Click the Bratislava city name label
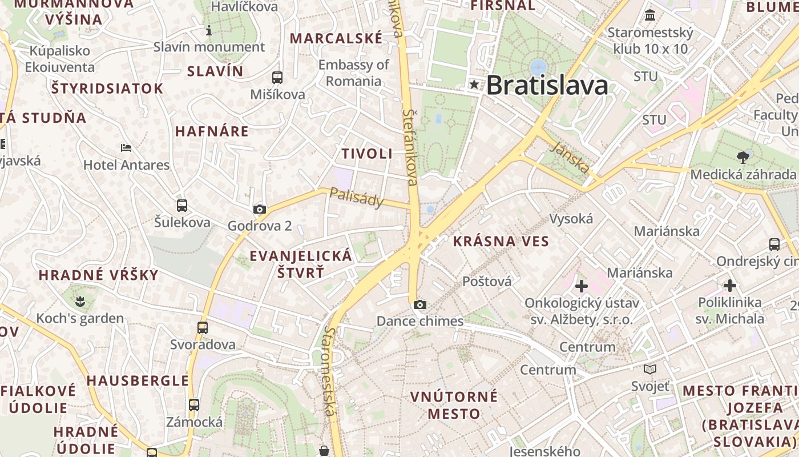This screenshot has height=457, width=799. click(x=547, y=86)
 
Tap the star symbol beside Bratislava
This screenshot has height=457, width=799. click(x=474, y=85)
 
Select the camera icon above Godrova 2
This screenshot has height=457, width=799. click(x=260, y=210)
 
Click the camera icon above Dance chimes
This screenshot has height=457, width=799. click(x=419, y=304)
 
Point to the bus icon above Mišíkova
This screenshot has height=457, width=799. click(x=277, y=78)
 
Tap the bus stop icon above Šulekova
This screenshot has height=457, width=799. click(x=182, y=206)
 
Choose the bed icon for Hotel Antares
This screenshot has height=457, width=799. click(x=126, y=148)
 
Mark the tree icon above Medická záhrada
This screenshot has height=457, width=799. click(x=743, y=157)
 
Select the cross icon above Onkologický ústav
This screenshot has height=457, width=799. click(x=582, y=286)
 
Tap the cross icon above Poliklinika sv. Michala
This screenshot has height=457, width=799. click(x=729, y=286)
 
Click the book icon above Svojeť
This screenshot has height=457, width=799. click(x=649, y=369)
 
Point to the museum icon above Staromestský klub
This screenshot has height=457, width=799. click(x=650, y=15)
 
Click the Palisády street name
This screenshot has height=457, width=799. click(x=357, y=199)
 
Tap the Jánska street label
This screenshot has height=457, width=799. click(x=571, y=157)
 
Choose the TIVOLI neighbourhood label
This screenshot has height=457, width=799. click(x=367, y=154)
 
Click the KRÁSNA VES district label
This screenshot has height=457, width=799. click(x=501, y=241)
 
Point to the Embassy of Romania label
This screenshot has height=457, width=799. click(x=353, y=73)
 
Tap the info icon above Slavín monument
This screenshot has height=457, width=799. click(x=209, y=30)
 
